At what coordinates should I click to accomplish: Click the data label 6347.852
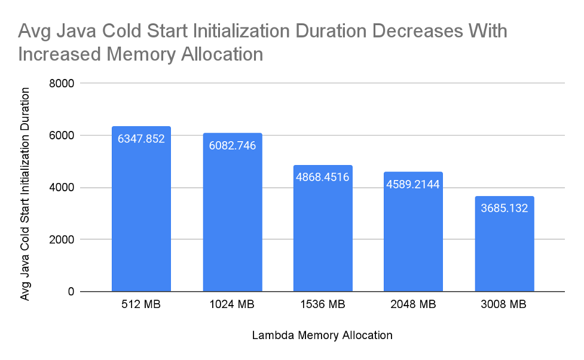point(141,139)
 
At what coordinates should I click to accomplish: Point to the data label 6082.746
point(233,145)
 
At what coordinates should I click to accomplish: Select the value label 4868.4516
point(323,177)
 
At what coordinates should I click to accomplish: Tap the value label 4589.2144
point(413,184)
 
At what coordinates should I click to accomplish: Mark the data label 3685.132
point(504,208)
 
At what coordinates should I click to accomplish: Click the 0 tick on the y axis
point(70,292)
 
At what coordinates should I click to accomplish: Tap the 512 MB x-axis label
point(141,305)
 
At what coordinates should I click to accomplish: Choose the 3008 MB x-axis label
point(504,305)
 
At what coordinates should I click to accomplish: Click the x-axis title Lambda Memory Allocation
point(322,335)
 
